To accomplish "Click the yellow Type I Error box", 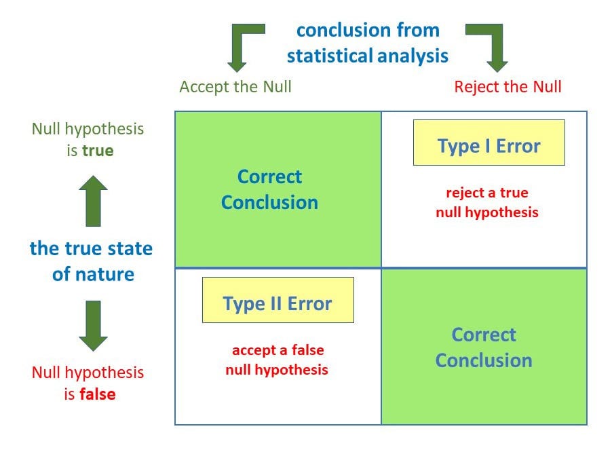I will click(x=489, y=143).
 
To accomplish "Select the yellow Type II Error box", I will click(x=278, y=300).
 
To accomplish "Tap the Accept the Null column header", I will click(x=235, y=87).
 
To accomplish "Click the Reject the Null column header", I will click(x=508, y=87).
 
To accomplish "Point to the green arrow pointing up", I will click(x=93, y=201).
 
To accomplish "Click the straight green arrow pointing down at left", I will click(x=93, y=325).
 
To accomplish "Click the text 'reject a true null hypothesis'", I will click(x=486, y=202).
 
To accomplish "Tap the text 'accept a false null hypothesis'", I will click(x=277, y=360).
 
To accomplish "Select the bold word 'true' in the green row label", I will click(x=98, y=151).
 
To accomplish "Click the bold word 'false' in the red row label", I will click(x=98, y=394).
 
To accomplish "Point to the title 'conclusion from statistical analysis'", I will click(x=367, y=43).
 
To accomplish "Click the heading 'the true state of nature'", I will click(x=92, y=261).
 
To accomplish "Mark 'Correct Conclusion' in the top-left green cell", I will click(x=269, y=189).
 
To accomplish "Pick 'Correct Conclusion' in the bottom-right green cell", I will click(x=483, y=347).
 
